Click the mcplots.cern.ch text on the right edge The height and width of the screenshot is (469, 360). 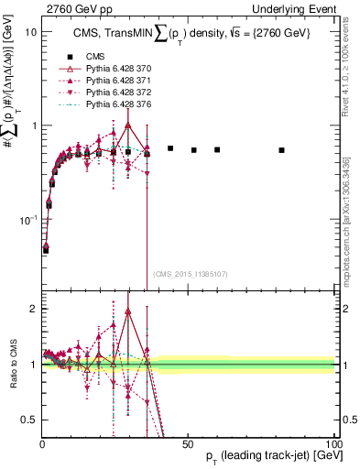(x=350, y=234)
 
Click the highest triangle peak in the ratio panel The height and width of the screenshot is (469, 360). (x=128, y=311)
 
